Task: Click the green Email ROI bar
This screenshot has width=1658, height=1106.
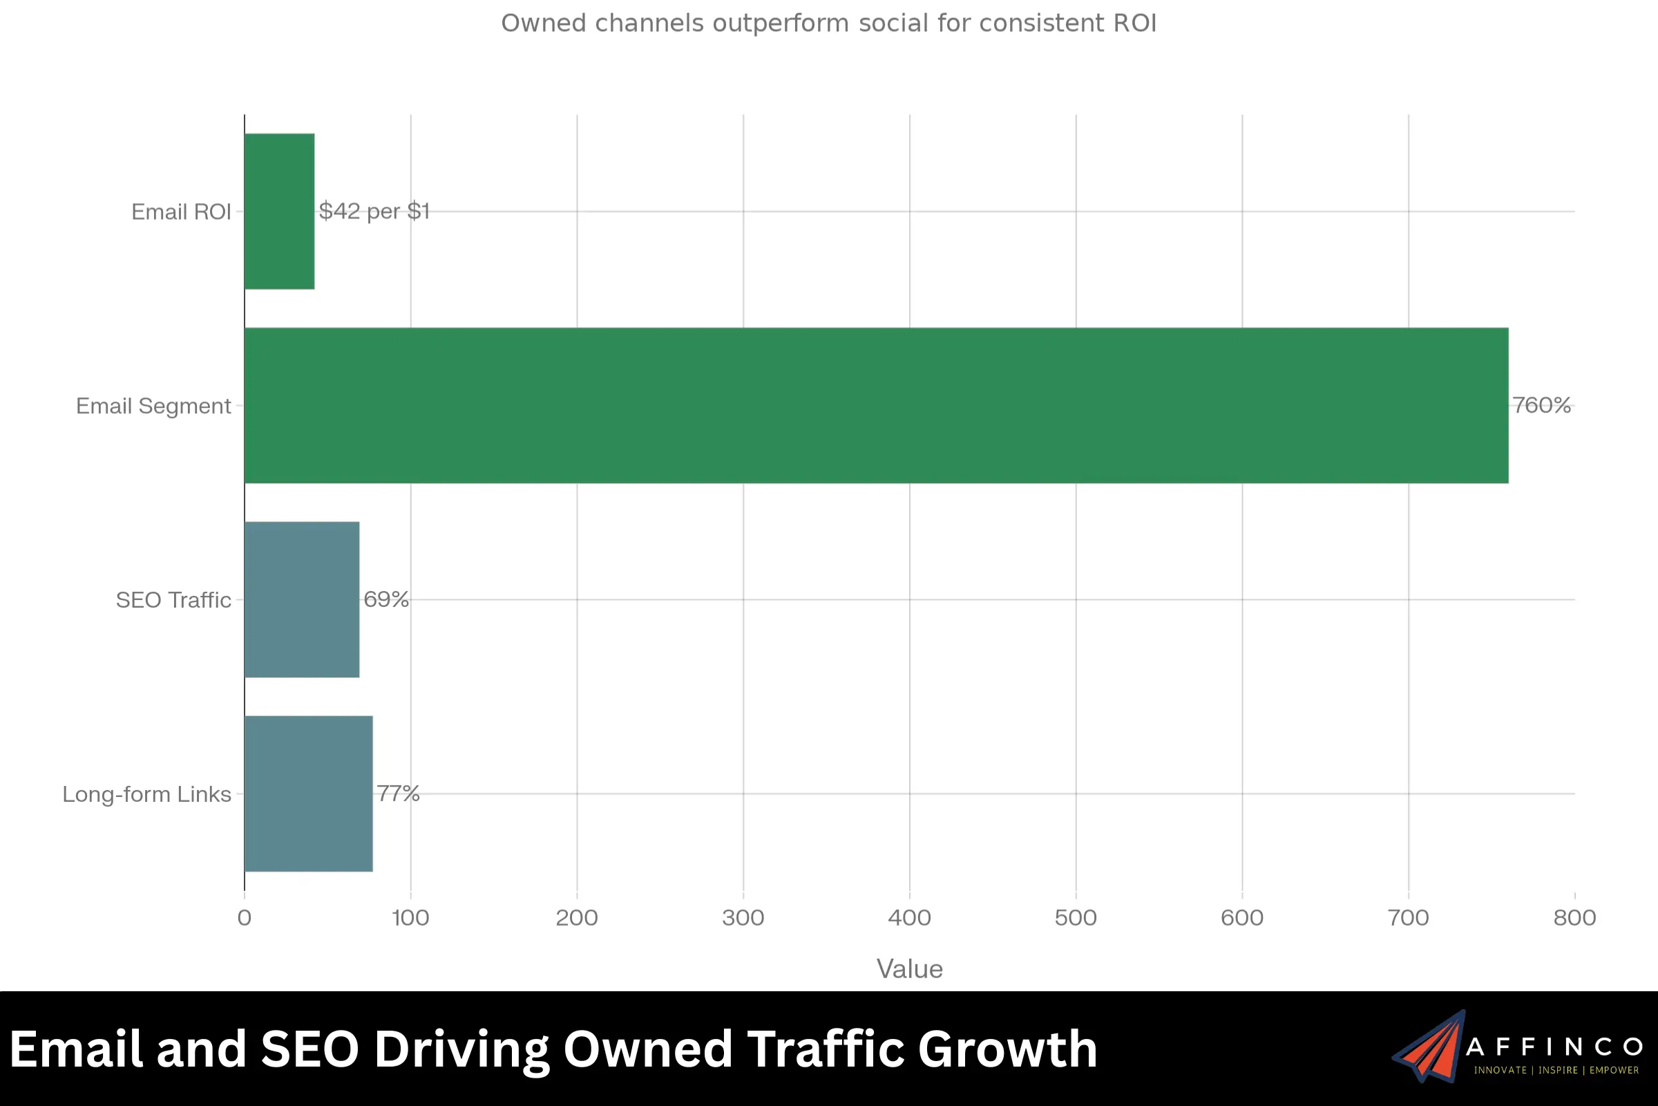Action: click(x=279, y=211)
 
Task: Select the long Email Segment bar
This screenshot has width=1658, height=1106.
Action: click(x=876, y=406)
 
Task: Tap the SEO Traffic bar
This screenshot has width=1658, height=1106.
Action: click(x=302, y=599)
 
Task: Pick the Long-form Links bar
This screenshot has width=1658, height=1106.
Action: click(x=308, y=794)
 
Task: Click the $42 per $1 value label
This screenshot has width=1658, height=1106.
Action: click(x=374, y=211)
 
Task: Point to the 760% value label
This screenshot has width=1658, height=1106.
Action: click(x=1541, y=406)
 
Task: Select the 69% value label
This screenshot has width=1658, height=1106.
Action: click(x=385, y=599)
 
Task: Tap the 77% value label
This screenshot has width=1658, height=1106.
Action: click(x=399, y=794)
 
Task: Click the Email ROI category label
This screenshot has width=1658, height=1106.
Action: click(x=181, y=212)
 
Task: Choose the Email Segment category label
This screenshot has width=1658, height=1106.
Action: click(x=153, y=406)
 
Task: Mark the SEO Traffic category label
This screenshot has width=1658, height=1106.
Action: click(x=173, y=600)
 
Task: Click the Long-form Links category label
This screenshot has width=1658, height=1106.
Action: click(x=146, y=794)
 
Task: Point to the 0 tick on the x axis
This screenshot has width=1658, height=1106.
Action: click(x=245, y=918)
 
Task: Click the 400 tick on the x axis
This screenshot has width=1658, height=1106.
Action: click(x=909, y=918)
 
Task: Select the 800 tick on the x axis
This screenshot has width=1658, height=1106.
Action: click(x=1574, y=918)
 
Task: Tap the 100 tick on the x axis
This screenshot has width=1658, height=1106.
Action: click(x=410, y=918)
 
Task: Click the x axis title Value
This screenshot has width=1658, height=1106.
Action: click(x=909, y=969)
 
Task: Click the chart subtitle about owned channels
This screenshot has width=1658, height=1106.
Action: click(x=828, y=24)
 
